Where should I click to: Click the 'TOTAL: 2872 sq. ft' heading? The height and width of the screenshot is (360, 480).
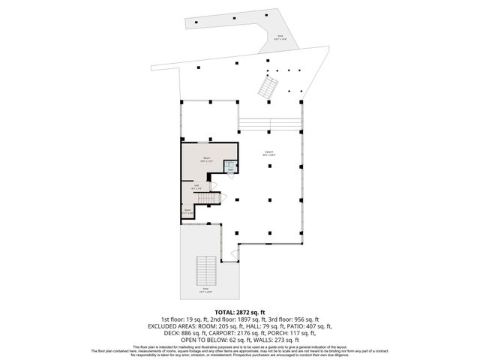(240, 311)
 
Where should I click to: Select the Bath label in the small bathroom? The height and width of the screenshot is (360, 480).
(230, 168)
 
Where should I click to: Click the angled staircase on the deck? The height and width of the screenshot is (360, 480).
(268, 89)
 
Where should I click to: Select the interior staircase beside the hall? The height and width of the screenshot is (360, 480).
(211, 197)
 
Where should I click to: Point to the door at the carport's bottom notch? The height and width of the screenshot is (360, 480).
(235, 255)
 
